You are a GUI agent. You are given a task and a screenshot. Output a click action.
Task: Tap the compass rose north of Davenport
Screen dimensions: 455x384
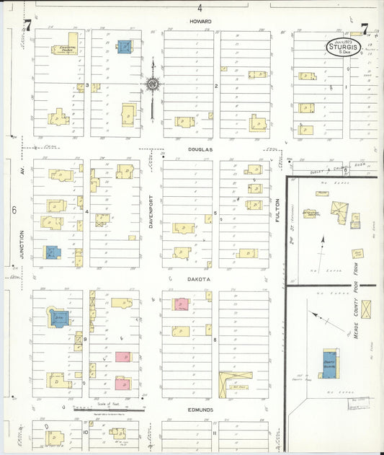click(x=152, y=84)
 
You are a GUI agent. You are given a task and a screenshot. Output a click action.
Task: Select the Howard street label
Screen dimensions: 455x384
click(x=200, y=22)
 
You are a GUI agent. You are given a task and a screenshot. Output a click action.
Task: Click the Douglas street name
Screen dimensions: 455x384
click(x=201, y=149)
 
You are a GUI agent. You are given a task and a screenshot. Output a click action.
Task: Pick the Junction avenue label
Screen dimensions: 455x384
click(x=22, y=244)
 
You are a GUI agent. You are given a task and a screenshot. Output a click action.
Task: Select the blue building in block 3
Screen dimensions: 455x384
click(x=124, y=46)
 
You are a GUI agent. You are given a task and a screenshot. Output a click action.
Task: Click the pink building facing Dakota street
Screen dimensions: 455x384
click(x=179, y=304)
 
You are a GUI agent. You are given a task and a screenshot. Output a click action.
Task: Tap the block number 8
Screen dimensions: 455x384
click(x=215, y=339)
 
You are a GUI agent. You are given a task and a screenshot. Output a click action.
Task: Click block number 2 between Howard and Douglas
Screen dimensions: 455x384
click(x=215, y=86)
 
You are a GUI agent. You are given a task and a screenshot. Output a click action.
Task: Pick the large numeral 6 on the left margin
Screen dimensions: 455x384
click(x=14, y=211)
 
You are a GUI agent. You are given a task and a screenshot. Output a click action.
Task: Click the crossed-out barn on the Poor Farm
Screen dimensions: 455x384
click(x=366, y=310)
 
